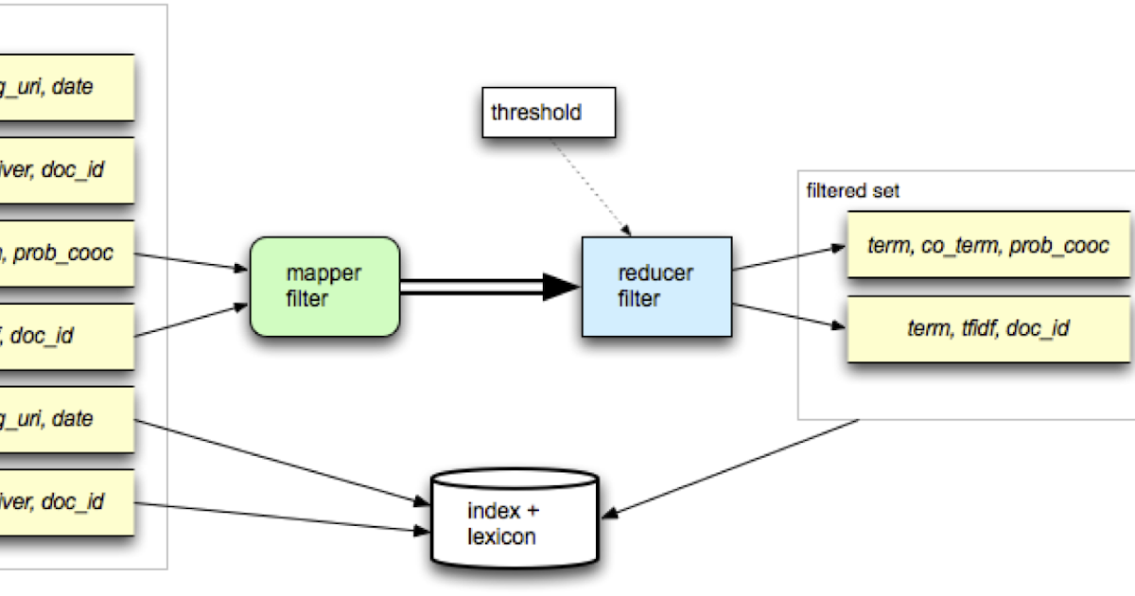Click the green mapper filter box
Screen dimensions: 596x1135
(x=324, y=287)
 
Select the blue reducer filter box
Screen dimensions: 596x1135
(x=656, y=287)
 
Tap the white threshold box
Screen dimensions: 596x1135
(x=549, y=114)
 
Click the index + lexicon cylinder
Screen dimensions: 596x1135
(x=515, y=519)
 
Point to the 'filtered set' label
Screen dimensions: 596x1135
(x=852, y=191)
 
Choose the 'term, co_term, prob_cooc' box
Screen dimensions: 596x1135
(x=987, y=245)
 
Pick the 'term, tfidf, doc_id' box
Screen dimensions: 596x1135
(x=987, y=328)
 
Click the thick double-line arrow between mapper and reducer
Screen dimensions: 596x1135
(x=473, y=287)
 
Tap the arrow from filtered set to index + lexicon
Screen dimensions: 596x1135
(x=733, y=467)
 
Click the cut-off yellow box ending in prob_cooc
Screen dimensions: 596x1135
(x=66, y=254)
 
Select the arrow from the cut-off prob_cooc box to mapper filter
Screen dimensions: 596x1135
(x=189, y=261)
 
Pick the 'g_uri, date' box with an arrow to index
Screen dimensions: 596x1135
(x=66, y=419)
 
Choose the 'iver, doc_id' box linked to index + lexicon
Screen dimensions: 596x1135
(x=66, y=502)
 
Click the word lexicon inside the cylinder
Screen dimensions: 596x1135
(x=501, y=537)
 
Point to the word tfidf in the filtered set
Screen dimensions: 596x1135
(x=971, y=328)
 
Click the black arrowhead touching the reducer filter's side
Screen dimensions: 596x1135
(x=564, y=287)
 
